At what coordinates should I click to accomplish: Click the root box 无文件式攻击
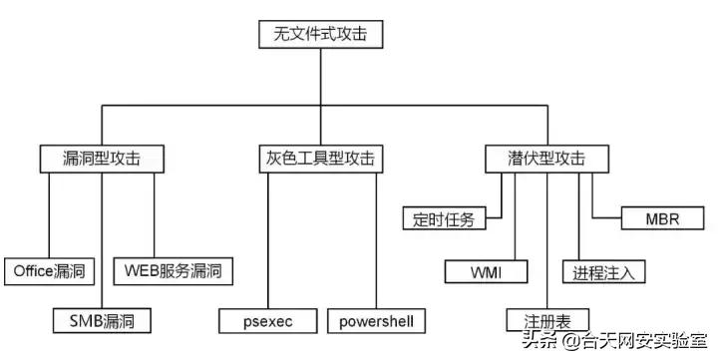coord(321,34)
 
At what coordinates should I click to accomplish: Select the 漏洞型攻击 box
coord(102,158)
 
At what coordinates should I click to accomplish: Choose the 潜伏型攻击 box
coord(535,158)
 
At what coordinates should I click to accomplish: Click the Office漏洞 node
coord(50,270)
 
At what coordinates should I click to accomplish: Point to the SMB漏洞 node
coord(102,320)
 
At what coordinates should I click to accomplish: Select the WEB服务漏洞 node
coord(173,270)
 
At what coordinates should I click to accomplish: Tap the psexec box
coord(268,320)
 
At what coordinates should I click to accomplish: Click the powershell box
coord(376,320)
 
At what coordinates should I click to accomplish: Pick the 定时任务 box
coord(444,218)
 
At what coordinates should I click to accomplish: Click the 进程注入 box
coord(604,270)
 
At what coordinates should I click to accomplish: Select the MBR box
coord(662,218)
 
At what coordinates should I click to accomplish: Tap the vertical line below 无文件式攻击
coord(321,75)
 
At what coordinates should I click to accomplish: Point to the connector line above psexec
coord(268,239)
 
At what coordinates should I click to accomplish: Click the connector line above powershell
coord(376,239)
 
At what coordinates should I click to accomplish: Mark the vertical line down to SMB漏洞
coord(102,239)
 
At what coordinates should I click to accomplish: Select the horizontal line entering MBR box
coord(606,215)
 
